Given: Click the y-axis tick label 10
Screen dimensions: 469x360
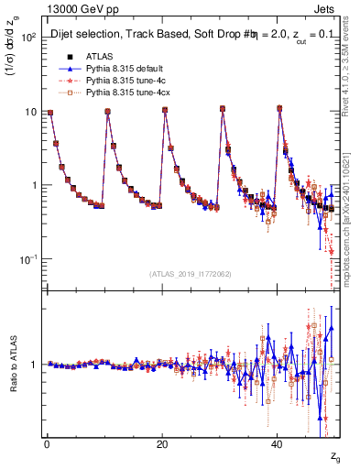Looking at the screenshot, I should pyautogui.click(x=29, y=112).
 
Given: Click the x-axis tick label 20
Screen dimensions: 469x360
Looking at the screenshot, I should pyautogui.click(x=162, y=444).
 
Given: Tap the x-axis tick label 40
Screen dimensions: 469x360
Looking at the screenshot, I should pyautogui.click(x=277, y=444).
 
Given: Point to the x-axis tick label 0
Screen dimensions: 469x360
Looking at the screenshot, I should pyautogui.click(x=47, y=444).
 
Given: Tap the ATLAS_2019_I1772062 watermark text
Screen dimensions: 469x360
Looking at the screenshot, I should pyautogui.click(x=190, y=274).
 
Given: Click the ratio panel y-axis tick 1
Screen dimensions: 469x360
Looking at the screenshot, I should pyautogui.click(x=34, y=365).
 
